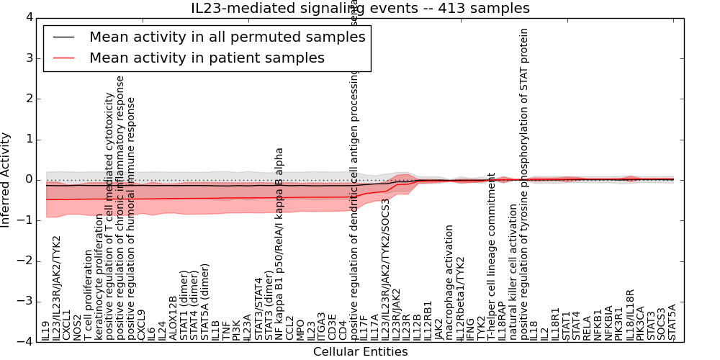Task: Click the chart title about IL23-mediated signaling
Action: pos(360,9)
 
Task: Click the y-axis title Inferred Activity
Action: pos(6,179)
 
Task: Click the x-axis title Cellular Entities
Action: pos(360,352)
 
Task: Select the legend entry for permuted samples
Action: pos(227,37)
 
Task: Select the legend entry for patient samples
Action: pos(207,58)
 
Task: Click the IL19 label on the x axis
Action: pos(46,330)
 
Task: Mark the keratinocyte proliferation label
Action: pos(99,277)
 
